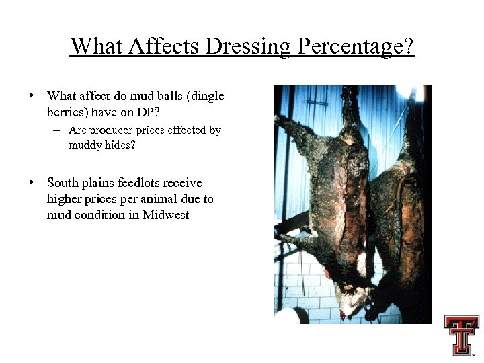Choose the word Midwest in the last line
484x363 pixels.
tap(166, 215)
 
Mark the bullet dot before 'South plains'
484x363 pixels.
tap(32, 183)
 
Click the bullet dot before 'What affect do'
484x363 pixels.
tap(32, 97)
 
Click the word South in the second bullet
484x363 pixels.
tap(62, 183)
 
